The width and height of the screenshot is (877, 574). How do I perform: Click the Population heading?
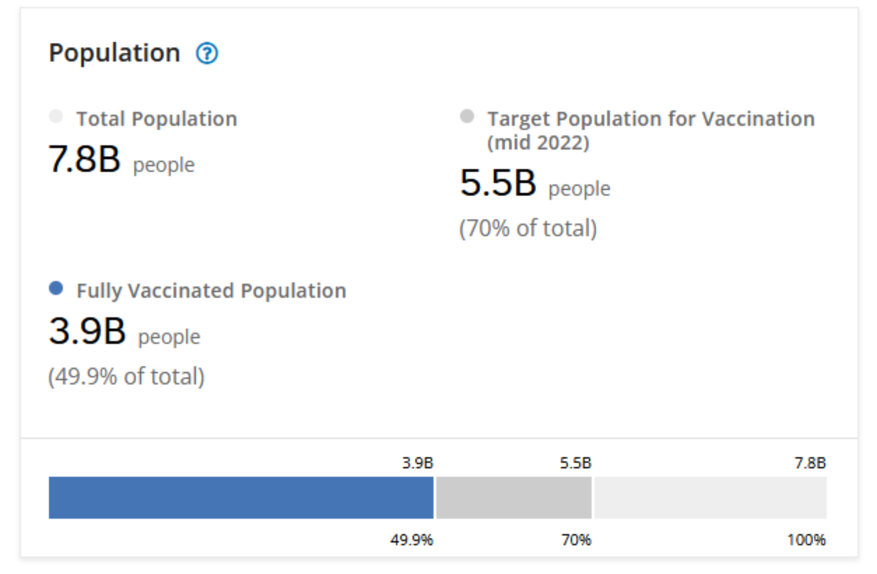click(x=114, y=53)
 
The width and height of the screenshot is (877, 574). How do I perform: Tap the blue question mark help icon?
click(x=207, y=53)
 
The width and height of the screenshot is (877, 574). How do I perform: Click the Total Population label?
click(x=157, y=119)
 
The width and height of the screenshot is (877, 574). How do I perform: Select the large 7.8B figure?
click(x=85, y=159)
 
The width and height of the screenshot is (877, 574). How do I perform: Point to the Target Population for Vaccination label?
click(x=651, y=119)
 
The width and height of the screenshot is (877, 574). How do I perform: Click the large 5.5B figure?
click(x=498, y=183)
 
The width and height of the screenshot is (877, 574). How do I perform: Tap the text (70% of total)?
click(x=528, y=228)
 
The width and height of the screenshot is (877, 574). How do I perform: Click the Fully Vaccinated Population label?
click(x=211, y=290)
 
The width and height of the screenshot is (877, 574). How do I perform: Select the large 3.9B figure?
click(x=87, y=331)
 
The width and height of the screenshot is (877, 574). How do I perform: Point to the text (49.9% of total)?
click(x=126, y=377)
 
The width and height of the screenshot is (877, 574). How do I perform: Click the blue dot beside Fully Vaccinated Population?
click(x=56, y=288)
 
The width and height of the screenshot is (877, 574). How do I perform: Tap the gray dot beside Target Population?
click(x=467, y=117)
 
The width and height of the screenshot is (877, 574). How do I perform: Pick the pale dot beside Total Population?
click(x=56, y=117)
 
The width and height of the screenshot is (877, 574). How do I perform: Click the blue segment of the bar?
click(x=241, y=497)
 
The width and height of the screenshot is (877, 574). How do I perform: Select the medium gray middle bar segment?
click(x=513, y=497)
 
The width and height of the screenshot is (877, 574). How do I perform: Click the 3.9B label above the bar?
click(x=418, y=463)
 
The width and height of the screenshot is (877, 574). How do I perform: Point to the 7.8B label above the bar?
click(x=810, y=463)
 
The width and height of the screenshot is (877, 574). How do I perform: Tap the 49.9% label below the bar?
click(x=411, y=540)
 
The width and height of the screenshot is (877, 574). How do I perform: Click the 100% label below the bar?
click(x=806, y=540)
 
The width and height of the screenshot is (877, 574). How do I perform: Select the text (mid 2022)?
click(x=538, y=143)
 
